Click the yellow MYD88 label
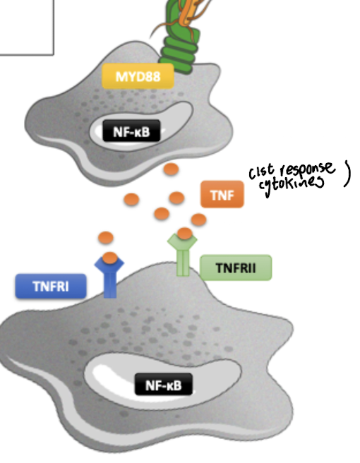click(x=138, y=76)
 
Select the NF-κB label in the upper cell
click(x=131, y=130)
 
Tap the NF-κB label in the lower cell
click(x=164, y=385)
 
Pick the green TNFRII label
click(x=235, y=267)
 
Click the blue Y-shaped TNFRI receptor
click(x=109, y=279)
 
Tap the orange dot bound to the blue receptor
click(x=109, y=258)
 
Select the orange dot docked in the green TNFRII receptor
click(x=185, y=234)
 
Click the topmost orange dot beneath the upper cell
click(x=170, y=170)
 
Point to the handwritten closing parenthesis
click(x=346, y=175)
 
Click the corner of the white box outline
click(x=53, y=54)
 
